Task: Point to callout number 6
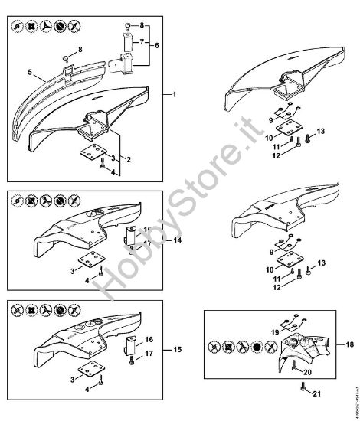tap(158, 45)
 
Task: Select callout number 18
tap(349, 345)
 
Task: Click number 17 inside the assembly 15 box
tap(149, 353)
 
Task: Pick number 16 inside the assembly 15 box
tap(149, 338)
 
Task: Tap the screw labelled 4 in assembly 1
tap(103, 165)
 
